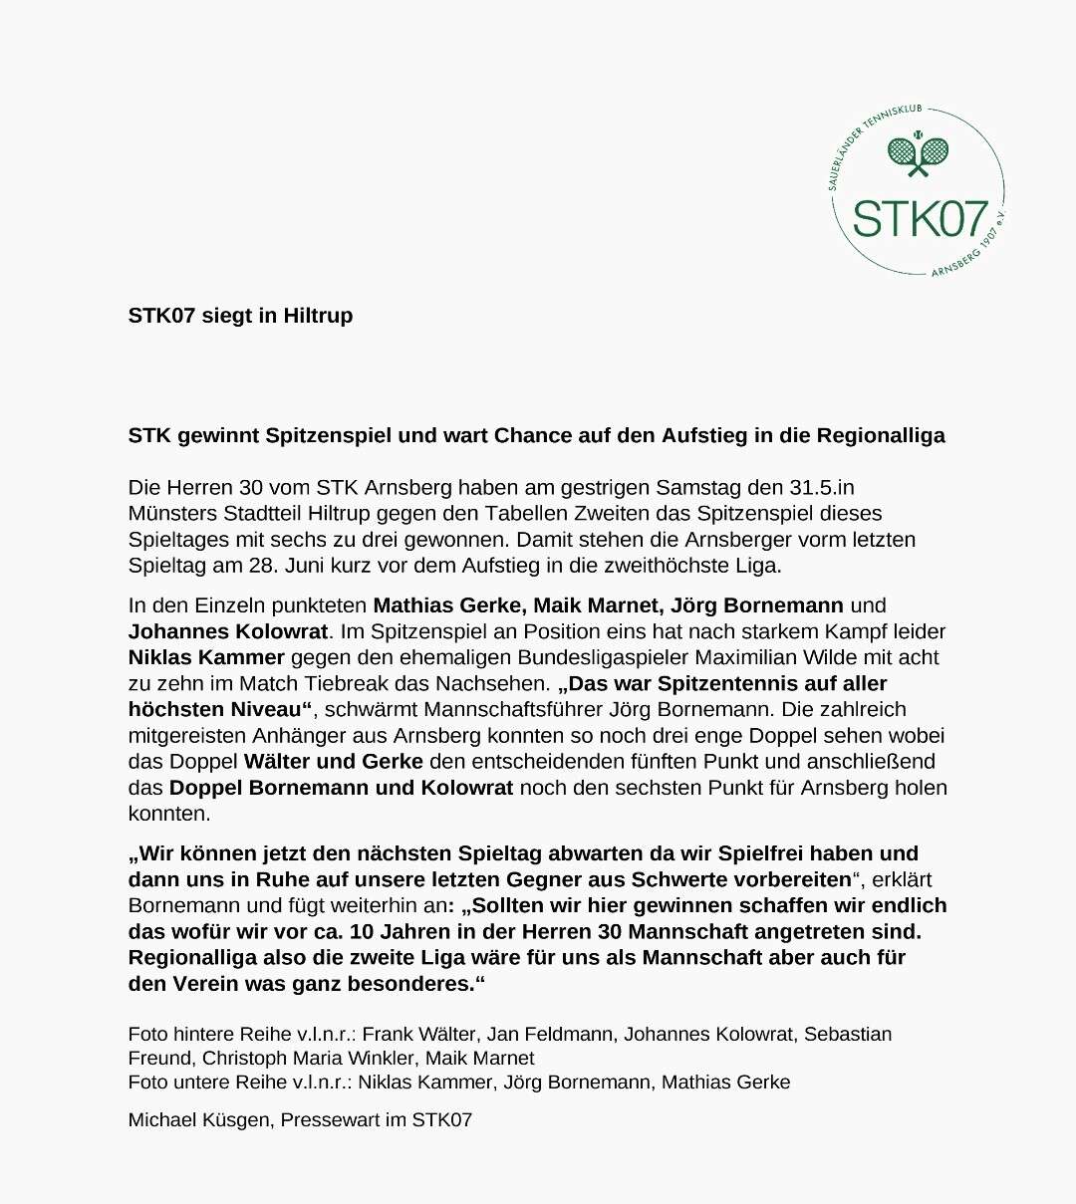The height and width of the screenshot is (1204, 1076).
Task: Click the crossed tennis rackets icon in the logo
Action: [918, 153]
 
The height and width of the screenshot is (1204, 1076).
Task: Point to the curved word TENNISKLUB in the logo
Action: [893, 118]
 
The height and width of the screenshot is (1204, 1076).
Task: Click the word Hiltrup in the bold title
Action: [318, 316]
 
